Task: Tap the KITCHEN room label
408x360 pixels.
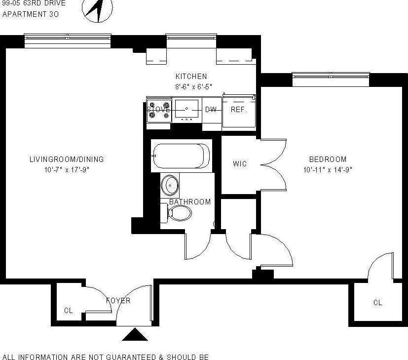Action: coord(191,77)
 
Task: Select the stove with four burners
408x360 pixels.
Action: coord(159,110)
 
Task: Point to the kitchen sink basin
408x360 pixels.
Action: coord(186,108)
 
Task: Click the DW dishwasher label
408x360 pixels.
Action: coord(211,110)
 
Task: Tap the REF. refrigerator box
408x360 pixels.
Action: coord(239,110)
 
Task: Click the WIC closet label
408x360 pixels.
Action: coord(240,164)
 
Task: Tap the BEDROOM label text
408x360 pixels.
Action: coord(328,160)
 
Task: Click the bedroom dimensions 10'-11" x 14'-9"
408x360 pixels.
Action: coord(328,169)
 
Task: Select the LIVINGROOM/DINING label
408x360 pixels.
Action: coord(67,160)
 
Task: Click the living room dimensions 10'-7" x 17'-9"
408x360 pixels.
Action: coord(67,169)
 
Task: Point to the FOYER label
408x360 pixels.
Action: coord(118,301)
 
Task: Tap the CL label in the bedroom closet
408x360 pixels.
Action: coord(377,303)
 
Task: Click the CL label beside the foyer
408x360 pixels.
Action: coord(68,311)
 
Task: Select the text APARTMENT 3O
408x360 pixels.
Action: coord(31,14)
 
